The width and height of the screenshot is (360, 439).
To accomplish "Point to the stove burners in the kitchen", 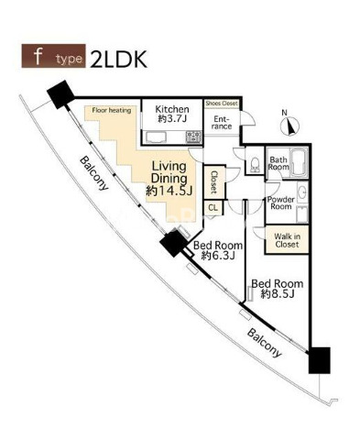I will [193, 137].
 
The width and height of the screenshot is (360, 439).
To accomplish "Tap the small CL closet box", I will [213, 208].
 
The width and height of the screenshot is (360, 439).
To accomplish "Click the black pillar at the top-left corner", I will [60, 93].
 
